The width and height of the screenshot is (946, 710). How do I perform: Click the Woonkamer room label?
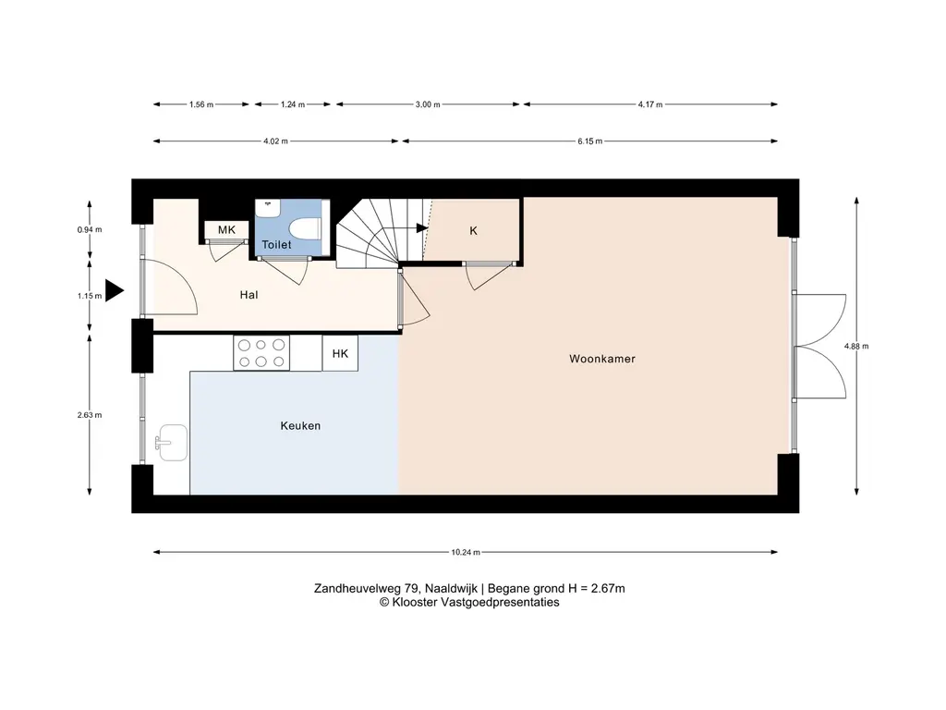(602, 359)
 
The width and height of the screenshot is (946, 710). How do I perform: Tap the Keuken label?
(300, 425)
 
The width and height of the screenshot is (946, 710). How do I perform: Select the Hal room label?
(249, 295)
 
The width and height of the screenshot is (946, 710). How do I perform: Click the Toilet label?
(276, 244)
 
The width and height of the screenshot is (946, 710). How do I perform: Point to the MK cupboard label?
(227, 229)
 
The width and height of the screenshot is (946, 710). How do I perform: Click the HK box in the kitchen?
(340, 353)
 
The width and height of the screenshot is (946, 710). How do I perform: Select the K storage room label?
(474, 230)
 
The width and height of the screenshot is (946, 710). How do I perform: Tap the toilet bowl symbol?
(305, 230)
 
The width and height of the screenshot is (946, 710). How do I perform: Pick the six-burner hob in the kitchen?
(261, 353)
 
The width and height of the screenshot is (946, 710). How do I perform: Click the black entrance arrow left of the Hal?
(115, 290)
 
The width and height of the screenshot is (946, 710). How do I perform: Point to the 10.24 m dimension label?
(466, 552)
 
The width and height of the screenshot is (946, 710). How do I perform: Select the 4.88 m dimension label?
(856, 346)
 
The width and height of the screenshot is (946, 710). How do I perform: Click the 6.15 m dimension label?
(590, 141)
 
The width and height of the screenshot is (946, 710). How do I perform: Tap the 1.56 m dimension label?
(201, 104)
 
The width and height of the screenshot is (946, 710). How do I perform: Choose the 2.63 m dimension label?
(90, 415)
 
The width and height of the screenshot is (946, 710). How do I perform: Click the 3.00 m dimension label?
(428, 104)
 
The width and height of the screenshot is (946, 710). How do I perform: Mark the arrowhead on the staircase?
(422, 227)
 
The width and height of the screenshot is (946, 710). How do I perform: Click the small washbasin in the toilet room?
(267, 208)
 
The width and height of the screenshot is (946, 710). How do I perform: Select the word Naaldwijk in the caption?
(451, 588)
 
